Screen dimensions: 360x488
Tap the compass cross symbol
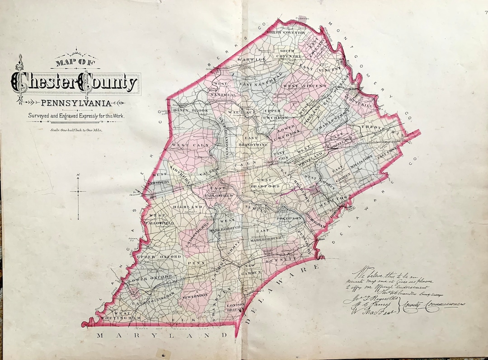pos(78,191)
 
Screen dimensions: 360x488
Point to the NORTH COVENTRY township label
pos(286,33)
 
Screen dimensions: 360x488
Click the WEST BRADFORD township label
pos(268,183)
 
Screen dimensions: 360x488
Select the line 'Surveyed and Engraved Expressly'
pos(76,116)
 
